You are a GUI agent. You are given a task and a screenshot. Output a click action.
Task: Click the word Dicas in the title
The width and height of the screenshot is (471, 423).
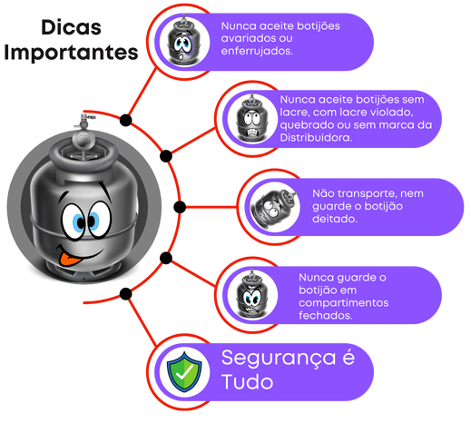pos(71,27)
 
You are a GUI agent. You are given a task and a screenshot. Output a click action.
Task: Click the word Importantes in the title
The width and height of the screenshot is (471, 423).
pos(71,53)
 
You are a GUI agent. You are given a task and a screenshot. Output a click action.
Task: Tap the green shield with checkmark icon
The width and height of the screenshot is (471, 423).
pos(184,372)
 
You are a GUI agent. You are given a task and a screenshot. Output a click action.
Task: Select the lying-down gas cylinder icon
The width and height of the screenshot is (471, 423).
pos(275,207)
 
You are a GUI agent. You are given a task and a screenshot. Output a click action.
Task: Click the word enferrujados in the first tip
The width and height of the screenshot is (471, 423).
pos(257,51)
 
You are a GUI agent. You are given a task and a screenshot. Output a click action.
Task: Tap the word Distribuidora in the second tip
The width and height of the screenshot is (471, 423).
pos(316,138)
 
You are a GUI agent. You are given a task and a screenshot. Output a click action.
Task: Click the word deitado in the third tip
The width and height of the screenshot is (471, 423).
pos(335,219)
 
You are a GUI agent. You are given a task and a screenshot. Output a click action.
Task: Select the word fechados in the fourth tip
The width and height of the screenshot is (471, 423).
pos(326,316)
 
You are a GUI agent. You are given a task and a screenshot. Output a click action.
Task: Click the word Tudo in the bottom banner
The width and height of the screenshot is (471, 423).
pos(247,382)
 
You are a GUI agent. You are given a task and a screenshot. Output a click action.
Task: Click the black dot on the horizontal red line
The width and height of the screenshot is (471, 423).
pos(180,207)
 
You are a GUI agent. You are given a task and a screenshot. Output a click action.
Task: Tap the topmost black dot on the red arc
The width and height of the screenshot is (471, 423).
pos(125,121)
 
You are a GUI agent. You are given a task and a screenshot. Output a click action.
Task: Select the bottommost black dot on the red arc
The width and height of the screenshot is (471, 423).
pos(125,294)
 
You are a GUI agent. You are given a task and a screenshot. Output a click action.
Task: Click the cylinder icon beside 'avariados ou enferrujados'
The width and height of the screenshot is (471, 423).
pos(183,41)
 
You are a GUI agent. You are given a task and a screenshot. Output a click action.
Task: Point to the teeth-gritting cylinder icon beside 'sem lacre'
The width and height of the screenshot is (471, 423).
pos(252,119)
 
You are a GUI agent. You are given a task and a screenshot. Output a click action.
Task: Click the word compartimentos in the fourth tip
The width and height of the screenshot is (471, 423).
pos(344,303)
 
